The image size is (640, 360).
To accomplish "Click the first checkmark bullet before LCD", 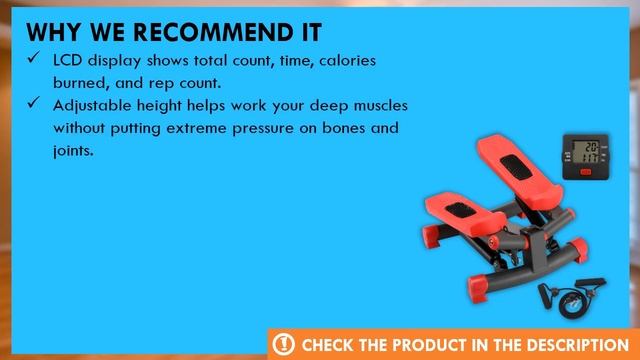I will [33, 61].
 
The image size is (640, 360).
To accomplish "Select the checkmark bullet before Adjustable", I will [33, 105].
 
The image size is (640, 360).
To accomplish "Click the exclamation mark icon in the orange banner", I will [285, 344].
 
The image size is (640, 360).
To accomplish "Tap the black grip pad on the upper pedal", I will [523, 163].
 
